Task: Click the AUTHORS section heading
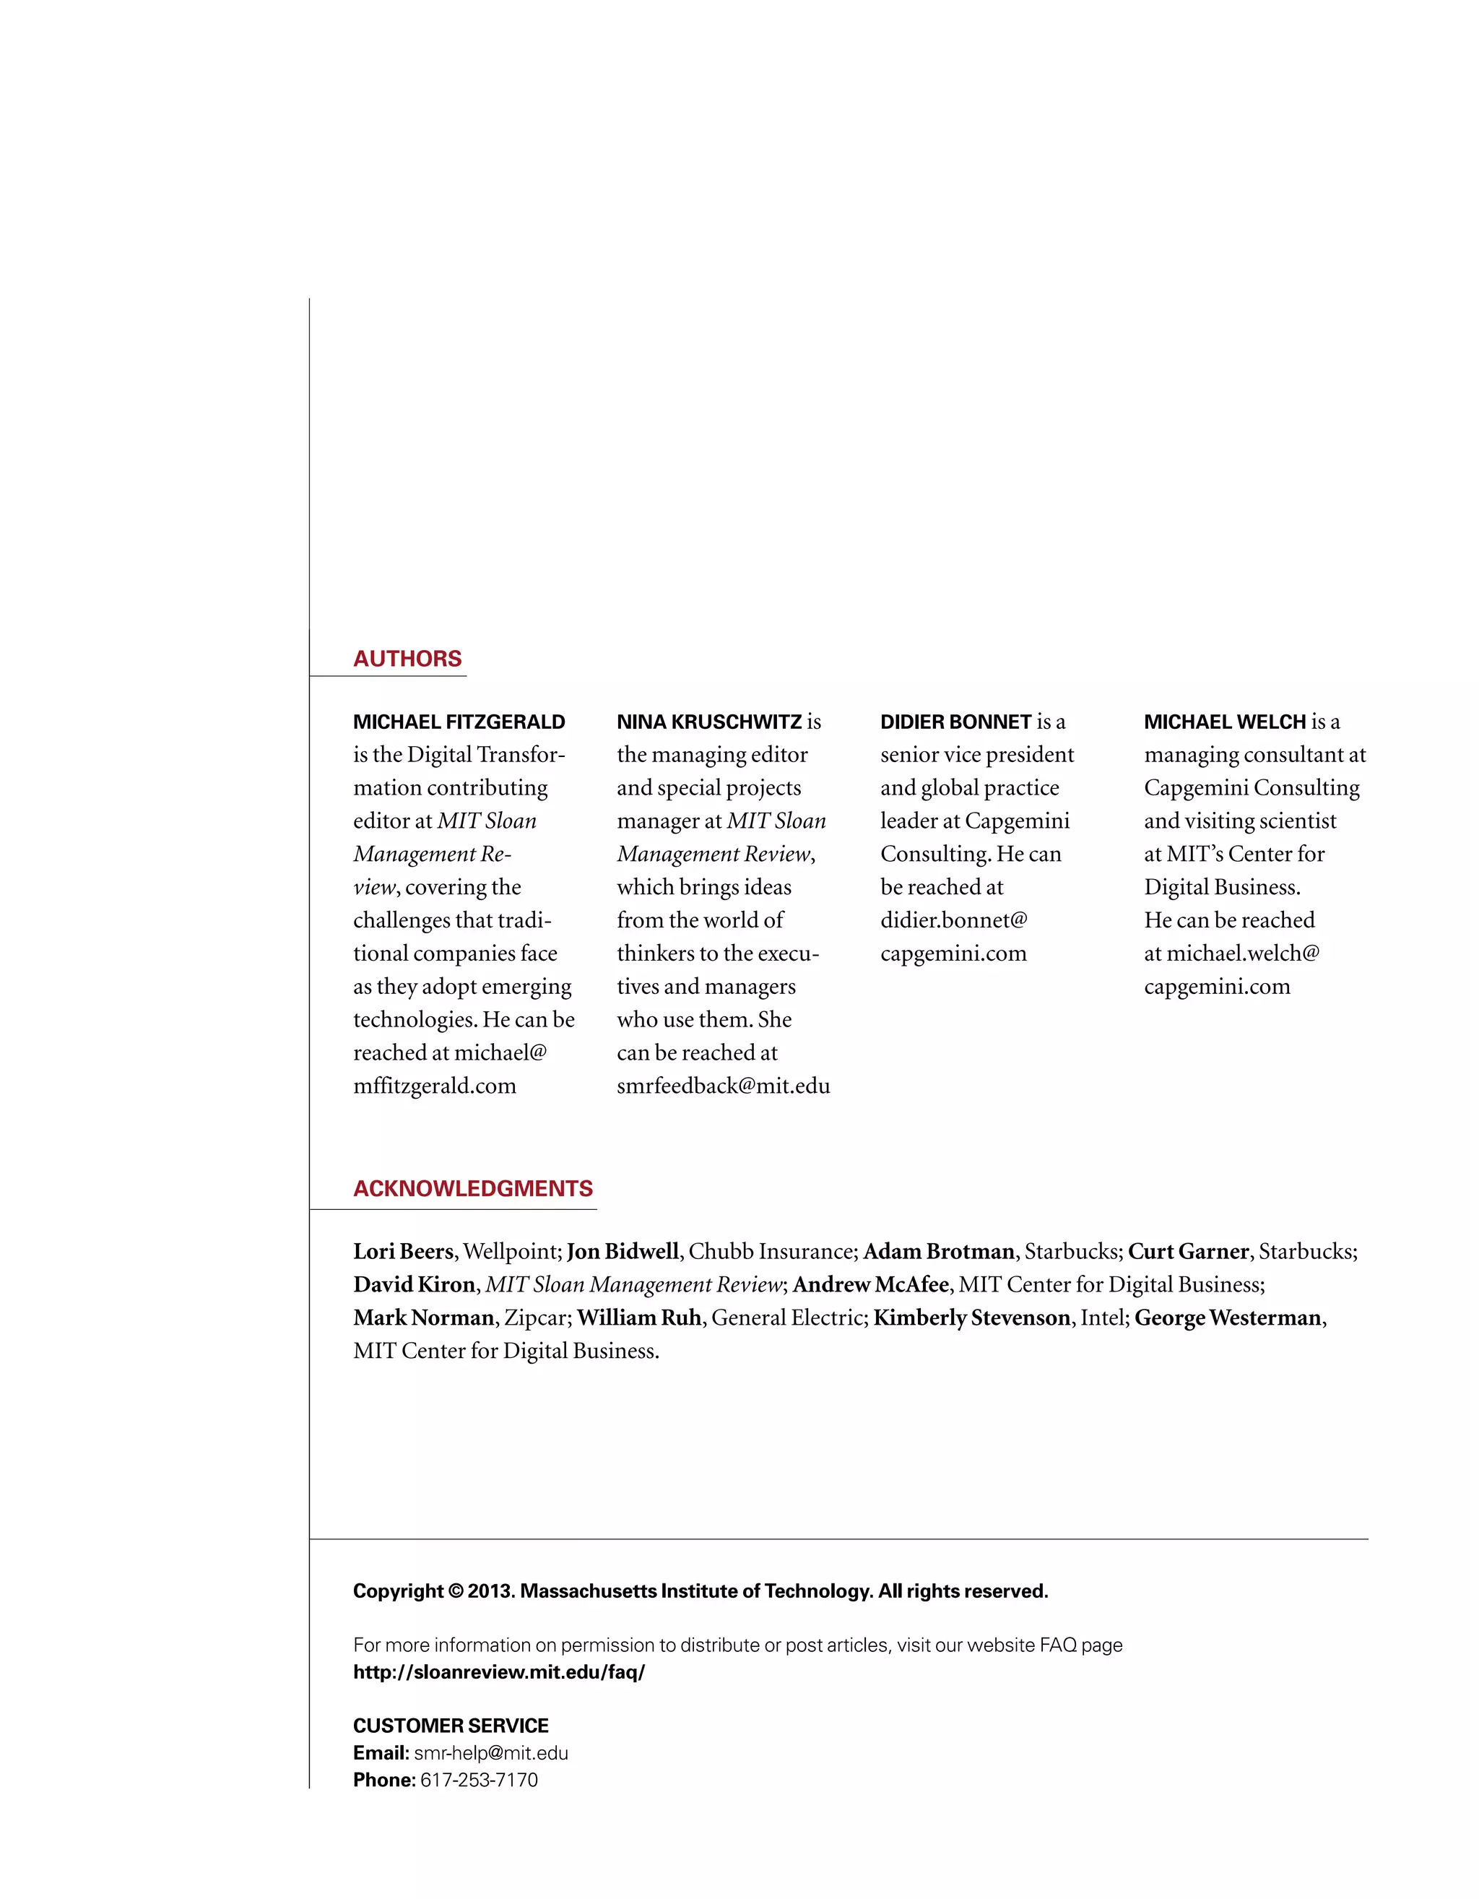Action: [x=407, y=658]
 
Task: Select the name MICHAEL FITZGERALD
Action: [x=459, y=722]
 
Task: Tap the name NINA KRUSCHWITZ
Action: [x=708, y=722]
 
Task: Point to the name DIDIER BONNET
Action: [x=955, y=722]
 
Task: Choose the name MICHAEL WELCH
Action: [x=1224, y=722]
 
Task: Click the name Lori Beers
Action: [x=402, y=1251]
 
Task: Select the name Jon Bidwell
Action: [x=622, y=1251]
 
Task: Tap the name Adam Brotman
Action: [x=938, y=1251]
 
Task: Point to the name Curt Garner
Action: [x=1188, y=1251]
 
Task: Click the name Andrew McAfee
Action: [x=869, y=1284]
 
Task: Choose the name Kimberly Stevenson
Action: [x=971, y=1318]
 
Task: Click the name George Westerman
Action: [x=1227, y=1318]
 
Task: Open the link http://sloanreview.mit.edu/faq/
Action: [x=498, y=1672]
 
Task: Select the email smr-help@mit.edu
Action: [x=490, y=1753]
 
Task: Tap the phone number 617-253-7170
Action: [x=478, y=1780]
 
